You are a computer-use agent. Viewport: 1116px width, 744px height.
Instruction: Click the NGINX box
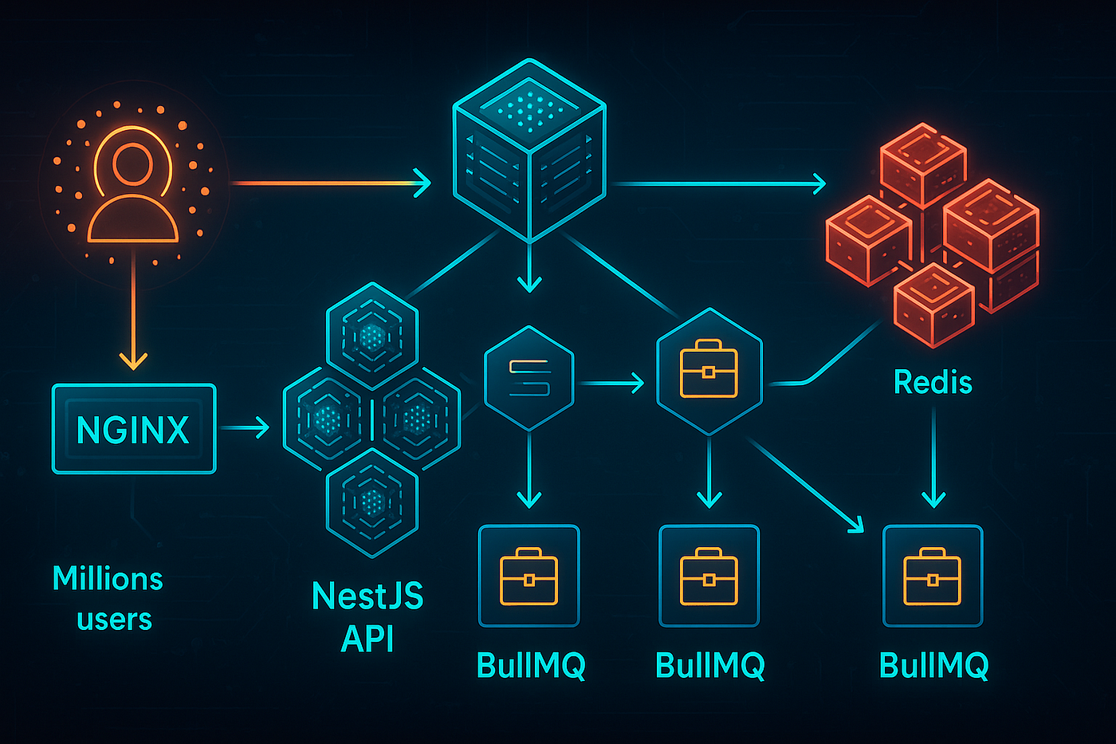[x=134, y=429]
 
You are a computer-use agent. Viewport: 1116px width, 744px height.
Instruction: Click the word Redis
[x=933, y=382]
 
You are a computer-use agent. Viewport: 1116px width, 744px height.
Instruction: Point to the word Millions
[x=108, y=578]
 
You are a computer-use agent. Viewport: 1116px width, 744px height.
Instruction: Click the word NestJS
[x=367, y=596]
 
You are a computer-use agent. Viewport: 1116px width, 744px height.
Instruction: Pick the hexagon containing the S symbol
[x=529, y=377]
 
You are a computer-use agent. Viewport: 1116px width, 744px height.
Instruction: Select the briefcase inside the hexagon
[x=709, y=369]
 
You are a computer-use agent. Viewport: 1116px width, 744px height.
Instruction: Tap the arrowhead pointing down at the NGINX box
[x=133, y=360]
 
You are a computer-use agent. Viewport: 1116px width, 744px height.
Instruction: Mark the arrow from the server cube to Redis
[x=717, y=184]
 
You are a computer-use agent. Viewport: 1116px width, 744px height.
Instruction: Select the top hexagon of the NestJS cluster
[x=372, y=336]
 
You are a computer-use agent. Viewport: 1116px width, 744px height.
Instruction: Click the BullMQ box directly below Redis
[x=933, y=576]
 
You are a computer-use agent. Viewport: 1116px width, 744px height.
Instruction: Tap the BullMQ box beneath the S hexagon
[x=529, y=576]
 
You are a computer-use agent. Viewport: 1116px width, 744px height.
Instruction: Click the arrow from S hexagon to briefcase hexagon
[x=611, y=384]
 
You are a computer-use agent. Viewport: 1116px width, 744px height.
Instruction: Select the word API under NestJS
[x=367, y=639]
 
